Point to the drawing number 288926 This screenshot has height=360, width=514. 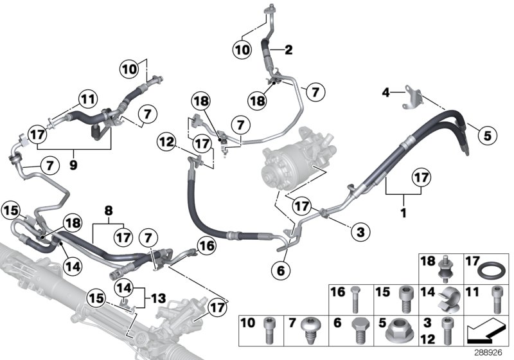[x=491, y=352]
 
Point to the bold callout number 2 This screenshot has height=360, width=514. [x=289, y=50]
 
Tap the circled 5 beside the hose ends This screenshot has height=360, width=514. [x=486, y=135]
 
